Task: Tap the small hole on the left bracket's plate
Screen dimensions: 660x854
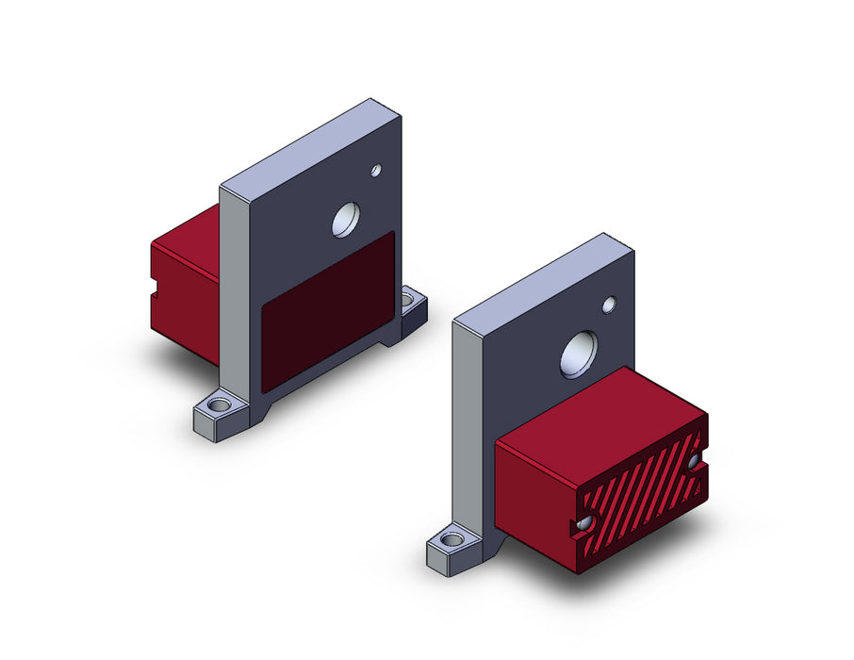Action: coord(375,171)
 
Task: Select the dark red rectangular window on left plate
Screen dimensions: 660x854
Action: coord(327,310)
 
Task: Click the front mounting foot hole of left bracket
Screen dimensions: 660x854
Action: coord(220,406)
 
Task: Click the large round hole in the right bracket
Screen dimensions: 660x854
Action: coord(577,354)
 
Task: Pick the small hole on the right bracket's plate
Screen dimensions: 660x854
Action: coord(609,304)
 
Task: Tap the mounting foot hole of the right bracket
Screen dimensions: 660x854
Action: coord(451,542)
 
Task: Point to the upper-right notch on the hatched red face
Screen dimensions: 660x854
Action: coord(697,463)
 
